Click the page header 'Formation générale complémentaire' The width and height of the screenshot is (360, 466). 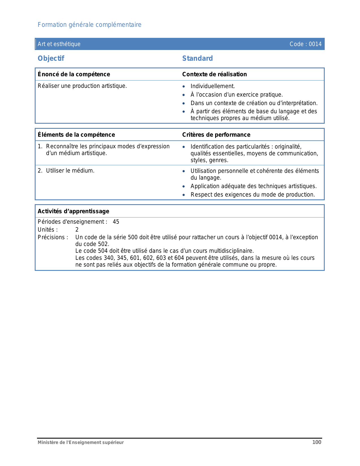click(x=90, y=25)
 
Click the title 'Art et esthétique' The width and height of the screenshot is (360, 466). click(x=59, y=44)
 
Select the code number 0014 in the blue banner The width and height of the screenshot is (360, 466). click(x=315, y=44)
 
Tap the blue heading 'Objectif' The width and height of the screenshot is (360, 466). click(x=51, y=58)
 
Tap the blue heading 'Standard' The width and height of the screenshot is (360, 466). click(x=197, y=58)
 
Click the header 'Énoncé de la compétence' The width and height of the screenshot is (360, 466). click(x=74, y=74)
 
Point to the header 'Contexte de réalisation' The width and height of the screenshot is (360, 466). click(x=214, y=74)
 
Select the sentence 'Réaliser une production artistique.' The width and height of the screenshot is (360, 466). click(x=82, y=86)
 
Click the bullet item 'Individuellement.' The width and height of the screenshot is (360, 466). click(x=213, y=86)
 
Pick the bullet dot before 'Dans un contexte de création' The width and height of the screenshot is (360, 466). click(x=184, y=103)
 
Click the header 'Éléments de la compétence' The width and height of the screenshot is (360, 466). click(x=76, y=135)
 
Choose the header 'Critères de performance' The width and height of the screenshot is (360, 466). click(x=216, y=135)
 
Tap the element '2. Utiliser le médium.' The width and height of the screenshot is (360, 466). click(x=66, y=171)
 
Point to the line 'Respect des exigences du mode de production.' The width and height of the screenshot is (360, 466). click(x=252, y=195)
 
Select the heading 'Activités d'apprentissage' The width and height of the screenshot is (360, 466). click(x=73, y=211)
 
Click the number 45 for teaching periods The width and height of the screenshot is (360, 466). click(x=116, y=222)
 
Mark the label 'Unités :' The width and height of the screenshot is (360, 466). click(x=48, y=230)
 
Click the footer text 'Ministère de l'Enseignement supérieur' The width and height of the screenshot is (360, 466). click(x=81, y=443)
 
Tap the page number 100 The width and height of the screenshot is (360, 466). click(x=317, y=442)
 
